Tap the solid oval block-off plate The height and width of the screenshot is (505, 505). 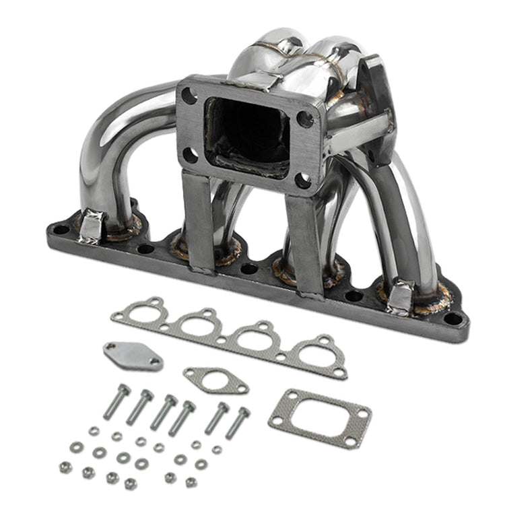tap(133, 356)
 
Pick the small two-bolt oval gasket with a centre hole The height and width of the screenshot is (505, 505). tap(215, 380)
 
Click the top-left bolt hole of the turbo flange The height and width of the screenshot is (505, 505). tap(190, 96)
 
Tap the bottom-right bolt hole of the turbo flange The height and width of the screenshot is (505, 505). tap(304, 180)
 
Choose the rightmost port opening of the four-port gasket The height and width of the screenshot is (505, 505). tap(315, 352)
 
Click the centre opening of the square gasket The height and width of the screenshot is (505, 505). tap(319, 418)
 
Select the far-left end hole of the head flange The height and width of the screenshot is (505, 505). tap(61, 229)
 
